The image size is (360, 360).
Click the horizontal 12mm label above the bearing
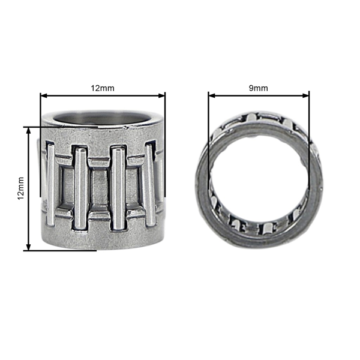(x=103, y=88)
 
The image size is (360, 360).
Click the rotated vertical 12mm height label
(x=20, y=188)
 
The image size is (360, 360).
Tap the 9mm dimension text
(x=259, y=88)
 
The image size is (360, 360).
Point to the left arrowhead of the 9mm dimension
(x=211, y=94)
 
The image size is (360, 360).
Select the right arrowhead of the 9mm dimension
(x=307, y=94)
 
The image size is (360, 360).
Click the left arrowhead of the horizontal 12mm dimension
(x=43, y=95)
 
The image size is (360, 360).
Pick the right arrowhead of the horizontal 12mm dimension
(x=162, y=95)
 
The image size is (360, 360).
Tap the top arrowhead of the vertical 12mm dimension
(x=28, y=130)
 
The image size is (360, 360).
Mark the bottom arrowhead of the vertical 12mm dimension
(x=28, y=247)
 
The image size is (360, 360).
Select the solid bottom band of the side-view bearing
(x=103, y=240)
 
